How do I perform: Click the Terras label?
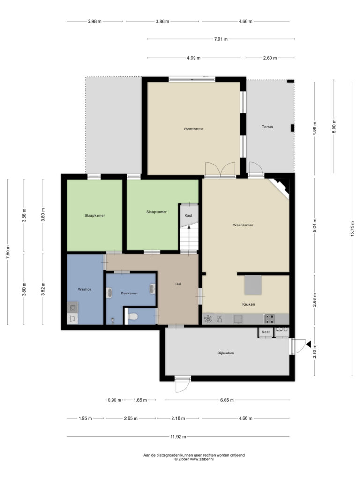[x=267, y=127]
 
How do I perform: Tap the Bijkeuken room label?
[x=226, y=353]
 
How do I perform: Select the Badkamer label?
[x=129, y=293]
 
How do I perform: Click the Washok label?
[x=84, y=289]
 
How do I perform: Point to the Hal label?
[x=178, y=284]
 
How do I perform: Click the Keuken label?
[x=248, y=304]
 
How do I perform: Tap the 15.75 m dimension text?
[x=352, y=228]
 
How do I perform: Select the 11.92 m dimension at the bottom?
[x=178, y=437]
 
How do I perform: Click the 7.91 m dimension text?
[x=221, y=39]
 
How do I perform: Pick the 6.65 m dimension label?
[x=227, y=400]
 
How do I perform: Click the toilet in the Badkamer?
[x=133, y=316]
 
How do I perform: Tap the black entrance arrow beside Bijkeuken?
[x=308, y=345]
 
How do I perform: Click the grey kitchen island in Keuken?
[x=253, y=285]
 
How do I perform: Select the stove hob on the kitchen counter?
[x=269, y=319]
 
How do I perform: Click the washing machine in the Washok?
[x=73, y=307]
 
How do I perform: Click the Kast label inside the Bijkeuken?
[x=266, y=332]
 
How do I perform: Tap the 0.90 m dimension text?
[x=114, y=400]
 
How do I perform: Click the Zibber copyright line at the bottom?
[x=194, y=459]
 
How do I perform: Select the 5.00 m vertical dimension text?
[x=334, y=126]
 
